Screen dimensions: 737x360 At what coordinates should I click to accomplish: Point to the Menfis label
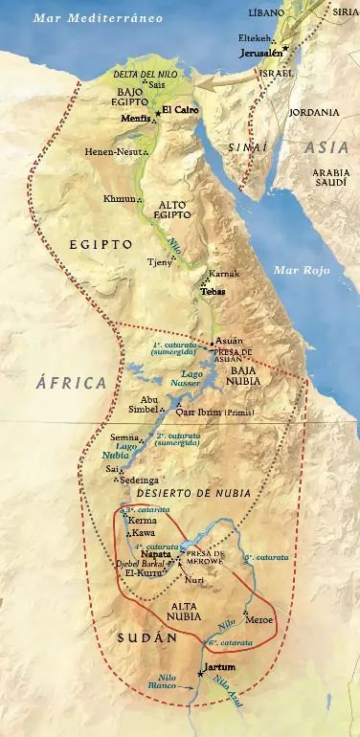coord(135,115)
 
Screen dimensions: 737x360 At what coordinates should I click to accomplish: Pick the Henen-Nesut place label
coord(114,151)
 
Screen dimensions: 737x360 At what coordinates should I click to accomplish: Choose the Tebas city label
coord(213,291)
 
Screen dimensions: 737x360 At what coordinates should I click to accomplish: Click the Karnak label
coord(223,274)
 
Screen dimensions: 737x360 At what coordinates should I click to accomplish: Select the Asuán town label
coord(229,341)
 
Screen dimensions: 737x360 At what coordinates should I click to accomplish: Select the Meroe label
coord(259,619)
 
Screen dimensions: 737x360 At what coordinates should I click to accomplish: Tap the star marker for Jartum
coord(200,674)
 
